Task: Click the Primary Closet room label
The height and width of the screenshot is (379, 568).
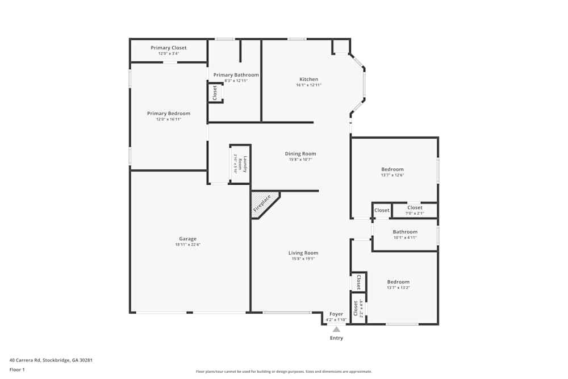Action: [169, 48]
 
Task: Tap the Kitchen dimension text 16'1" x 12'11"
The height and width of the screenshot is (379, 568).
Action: [309, 85]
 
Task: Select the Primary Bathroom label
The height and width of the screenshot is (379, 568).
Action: [236, 75]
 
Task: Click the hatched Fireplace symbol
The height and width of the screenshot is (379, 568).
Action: [263, 203]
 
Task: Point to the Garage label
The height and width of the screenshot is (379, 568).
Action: [187, 239]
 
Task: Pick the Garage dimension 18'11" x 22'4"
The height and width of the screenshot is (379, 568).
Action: [187, 245]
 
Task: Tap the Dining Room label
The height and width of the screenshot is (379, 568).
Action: [300, 153]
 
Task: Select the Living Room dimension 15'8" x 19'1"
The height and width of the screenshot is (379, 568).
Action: [303, 259]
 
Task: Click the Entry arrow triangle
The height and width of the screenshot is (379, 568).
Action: [336, 329]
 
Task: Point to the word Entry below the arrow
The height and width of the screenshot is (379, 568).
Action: [336, 338]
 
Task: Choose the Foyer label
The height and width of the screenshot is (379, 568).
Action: [336, 314]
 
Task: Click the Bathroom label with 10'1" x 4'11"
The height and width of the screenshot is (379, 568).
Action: [405, 232]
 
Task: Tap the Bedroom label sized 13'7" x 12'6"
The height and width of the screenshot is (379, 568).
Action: [392, 169]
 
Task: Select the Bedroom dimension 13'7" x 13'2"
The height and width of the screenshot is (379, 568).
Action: [398, 288]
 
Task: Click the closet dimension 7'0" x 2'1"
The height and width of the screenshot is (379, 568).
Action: [415, 214]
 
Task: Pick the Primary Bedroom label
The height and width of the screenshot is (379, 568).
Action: [169, 114]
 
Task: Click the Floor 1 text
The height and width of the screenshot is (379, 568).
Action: [17, 369]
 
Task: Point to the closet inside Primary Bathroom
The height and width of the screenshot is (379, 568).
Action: [215, 93]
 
